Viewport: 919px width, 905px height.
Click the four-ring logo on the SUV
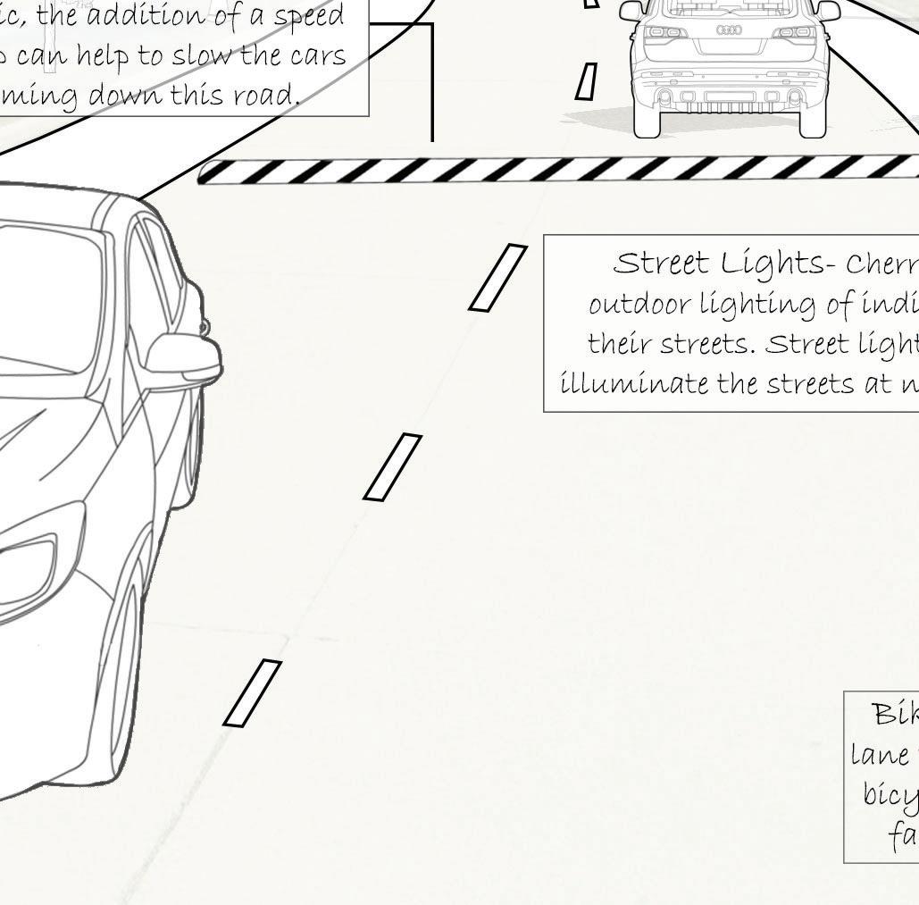pyautogui.click(x=729, y=30)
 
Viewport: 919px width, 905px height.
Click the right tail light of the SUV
pyautogui.click(x=795, y=33)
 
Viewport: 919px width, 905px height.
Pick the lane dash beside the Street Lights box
pyautogui.click(x=497, y=278)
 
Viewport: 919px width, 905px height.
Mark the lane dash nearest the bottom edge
pyautogui.click(x=252, y=693)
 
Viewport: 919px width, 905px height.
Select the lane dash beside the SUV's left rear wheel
pyautogui.click(x=586, y=81)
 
